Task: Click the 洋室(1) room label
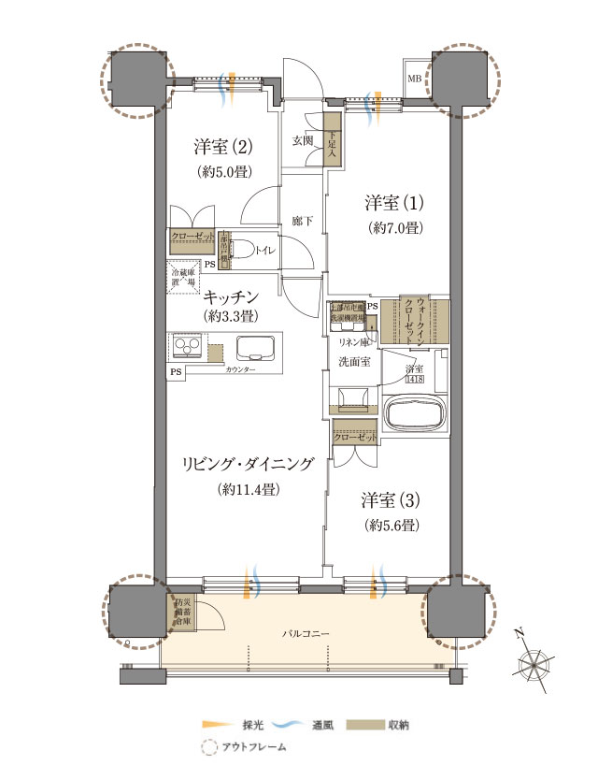click(393, 202)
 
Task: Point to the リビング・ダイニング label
click(248, 462)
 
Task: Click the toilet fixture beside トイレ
click(240, 250)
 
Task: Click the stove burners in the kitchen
click(186, 350)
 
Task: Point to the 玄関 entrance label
click(303, 140)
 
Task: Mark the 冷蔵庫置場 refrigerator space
click(182, 276)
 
